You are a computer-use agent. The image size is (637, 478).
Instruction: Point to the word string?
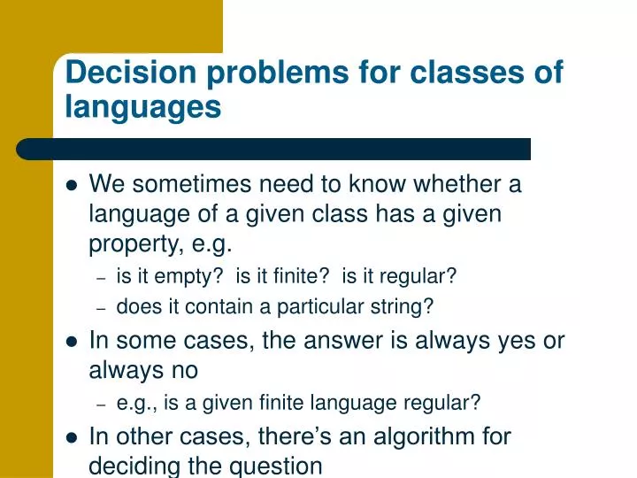pos(404,307)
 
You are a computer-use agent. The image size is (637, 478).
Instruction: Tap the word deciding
pos(132,465)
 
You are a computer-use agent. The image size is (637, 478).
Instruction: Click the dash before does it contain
pos(102,308)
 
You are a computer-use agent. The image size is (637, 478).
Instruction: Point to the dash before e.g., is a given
pos(102,404)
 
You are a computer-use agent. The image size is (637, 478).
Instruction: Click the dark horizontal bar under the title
pos(274,149)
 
